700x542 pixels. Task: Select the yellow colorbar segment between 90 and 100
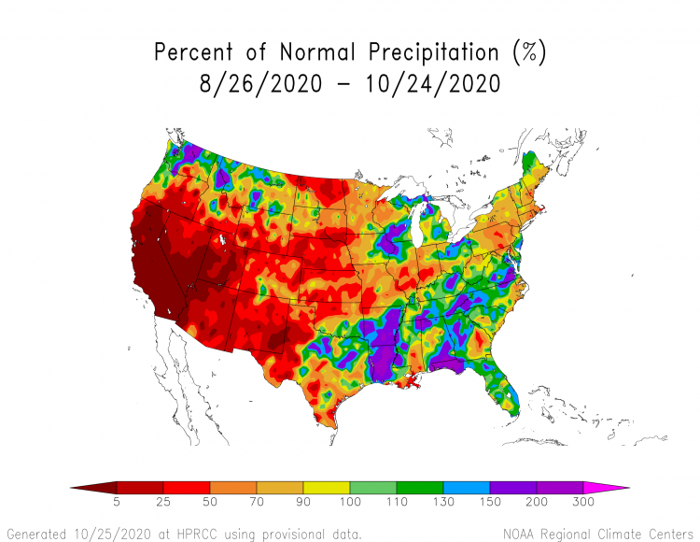click(327, 488)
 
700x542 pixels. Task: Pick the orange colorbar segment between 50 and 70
click(233, 488)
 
